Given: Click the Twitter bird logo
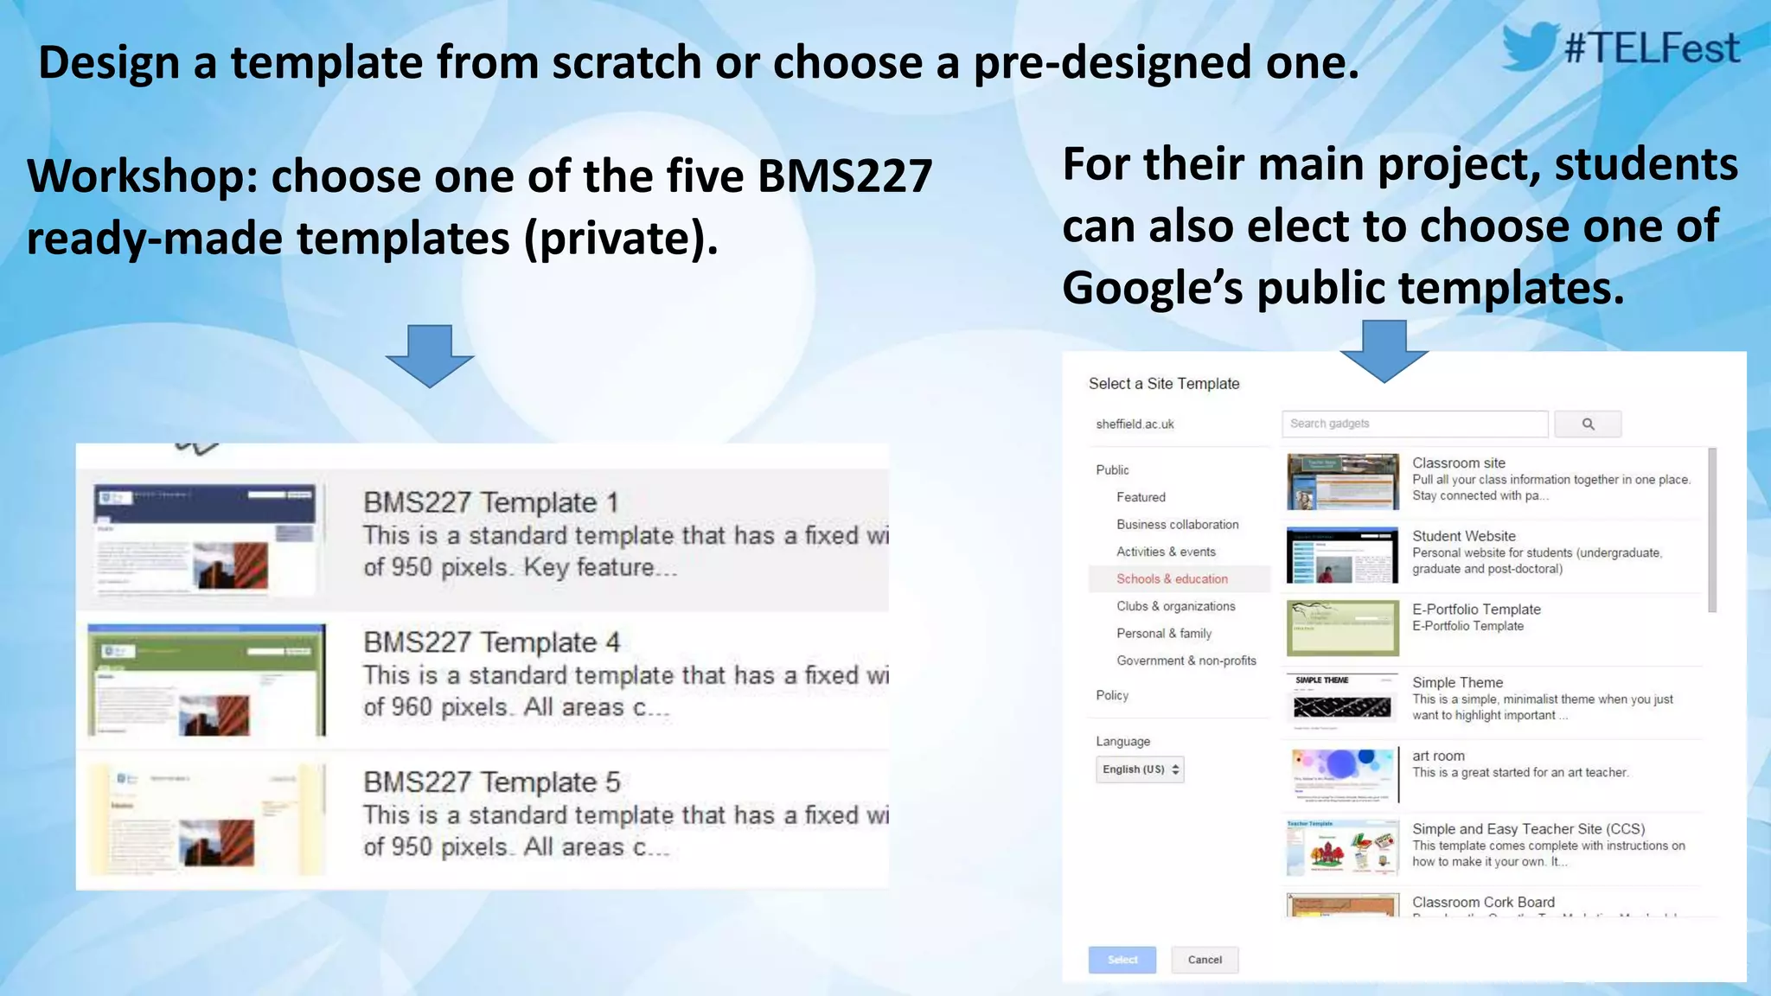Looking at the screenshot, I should [x=1530, y=47].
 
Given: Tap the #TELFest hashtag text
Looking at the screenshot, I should [x=1652, y=48].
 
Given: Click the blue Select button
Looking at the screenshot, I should [x=1122, y=960].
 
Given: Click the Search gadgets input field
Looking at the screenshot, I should [x=1415, y=424].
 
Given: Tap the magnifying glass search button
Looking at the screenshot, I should [x=1588, y=424].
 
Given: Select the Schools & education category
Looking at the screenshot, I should [x=1172, y=579].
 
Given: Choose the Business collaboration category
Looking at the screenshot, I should [x=1177, y=525].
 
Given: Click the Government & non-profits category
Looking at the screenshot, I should [x=1186, y=661].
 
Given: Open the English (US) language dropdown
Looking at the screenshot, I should [x=1139, y=769].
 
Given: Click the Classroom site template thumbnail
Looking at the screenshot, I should [x=1342, y=482].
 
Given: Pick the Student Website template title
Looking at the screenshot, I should [x=1463, y=536].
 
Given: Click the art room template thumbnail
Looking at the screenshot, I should [x=1342, y=775].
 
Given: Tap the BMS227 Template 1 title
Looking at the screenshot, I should [x=490, y=502].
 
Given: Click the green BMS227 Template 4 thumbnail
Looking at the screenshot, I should [x=207, y=680].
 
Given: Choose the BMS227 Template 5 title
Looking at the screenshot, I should [x=491, y=782].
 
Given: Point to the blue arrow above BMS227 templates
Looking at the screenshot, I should [x=430, y=354].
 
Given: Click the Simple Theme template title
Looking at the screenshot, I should [x=1457, y=682].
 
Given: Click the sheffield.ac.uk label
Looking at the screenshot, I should [x=1135, y=425].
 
